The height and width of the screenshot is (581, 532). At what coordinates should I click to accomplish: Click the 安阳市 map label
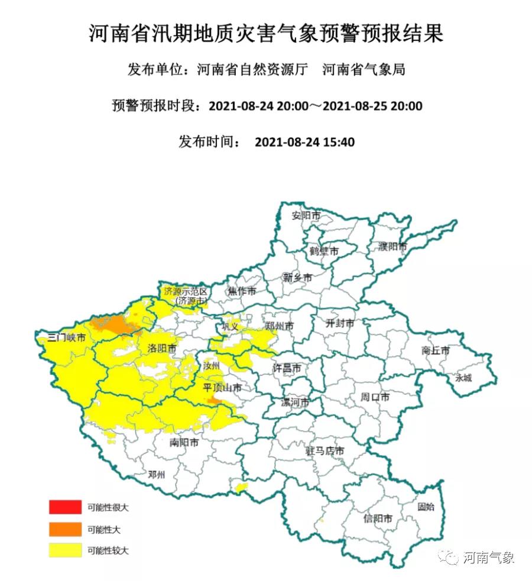tap(306, 216)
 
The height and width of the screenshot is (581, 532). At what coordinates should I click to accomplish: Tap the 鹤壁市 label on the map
tap(324, 251)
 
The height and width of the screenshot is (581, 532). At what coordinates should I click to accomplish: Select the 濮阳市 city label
tap(392, 246)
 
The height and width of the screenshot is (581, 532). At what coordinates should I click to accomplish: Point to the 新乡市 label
tap(297, 278)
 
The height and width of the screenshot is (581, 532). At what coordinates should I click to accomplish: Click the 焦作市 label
tap(242, 291)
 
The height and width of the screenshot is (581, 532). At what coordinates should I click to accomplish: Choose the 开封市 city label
tap(340, 323)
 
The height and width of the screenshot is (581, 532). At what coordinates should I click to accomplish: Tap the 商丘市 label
tap(436, 350)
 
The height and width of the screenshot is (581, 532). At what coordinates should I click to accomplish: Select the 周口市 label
tap(375, 397)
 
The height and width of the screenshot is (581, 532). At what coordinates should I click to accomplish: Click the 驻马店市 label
tap(325, 451)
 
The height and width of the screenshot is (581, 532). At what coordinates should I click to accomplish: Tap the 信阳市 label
tap(378, 519)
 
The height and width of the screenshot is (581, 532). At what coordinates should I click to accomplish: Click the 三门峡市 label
tap(67, 339)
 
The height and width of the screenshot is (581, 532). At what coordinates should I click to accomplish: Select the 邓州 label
tap(157, 475)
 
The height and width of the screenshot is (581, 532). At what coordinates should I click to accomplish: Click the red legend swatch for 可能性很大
tap(65, 507)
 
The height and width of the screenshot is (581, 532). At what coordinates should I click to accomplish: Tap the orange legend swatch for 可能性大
tap(65, 528)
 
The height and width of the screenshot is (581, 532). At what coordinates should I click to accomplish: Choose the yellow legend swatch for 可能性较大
tap(65, 550)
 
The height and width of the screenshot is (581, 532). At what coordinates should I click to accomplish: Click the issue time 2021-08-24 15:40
tap(304, 142)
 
